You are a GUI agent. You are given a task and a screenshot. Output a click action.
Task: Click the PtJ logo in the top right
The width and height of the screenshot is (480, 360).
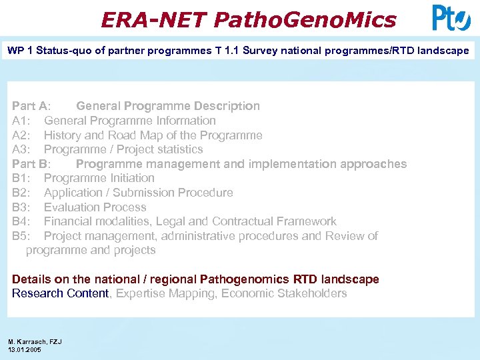[x=451, y=18]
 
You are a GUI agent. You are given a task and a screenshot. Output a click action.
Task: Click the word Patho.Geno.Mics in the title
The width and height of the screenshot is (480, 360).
[x=305, y=20]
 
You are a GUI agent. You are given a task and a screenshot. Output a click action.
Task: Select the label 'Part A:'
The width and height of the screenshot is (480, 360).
[x=31, y=106]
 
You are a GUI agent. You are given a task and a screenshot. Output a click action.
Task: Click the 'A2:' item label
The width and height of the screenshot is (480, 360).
[x=22, y=135]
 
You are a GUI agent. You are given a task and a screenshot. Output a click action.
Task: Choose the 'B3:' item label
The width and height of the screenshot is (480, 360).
[x=22, y=207]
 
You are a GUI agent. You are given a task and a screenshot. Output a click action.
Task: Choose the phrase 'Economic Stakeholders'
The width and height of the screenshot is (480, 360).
[x=284, y=293]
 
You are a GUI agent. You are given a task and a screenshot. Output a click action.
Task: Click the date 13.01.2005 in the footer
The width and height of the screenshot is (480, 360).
[x=25, y=349]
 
